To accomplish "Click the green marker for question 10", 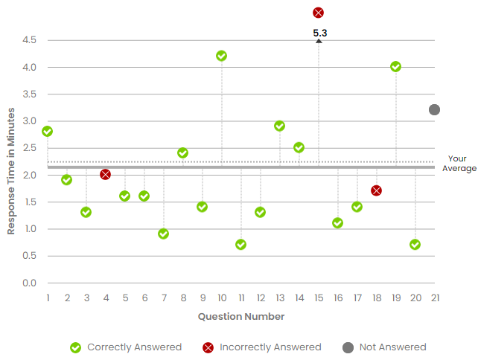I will (x=221, y=56).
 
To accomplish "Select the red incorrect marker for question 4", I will (x=105, y=174).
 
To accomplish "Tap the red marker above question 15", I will (x=318, y=13).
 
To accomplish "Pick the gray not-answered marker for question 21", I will (x=434, y=109).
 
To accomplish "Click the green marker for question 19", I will (x=395, y=66).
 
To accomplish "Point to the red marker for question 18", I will (x=376, y=190).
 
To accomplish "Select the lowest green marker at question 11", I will (x=240, y=244).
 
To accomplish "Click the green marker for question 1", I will (x=47, y=131).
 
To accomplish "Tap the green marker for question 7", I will (x=163, y=234).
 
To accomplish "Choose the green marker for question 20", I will (x=415, y=244).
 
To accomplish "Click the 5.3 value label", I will (x=320, y=33).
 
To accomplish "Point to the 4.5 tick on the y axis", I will (x=29, y=40).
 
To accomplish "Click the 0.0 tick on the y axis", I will (x=29, y=283).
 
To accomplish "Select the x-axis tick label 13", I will (x=279, y=298).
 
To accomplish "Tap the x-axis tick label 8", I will (x=182, y=298).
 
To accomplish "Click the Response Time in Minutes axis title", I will (x=11, y=171).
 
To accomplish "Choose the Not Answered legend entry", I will (x=383, y=347).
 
